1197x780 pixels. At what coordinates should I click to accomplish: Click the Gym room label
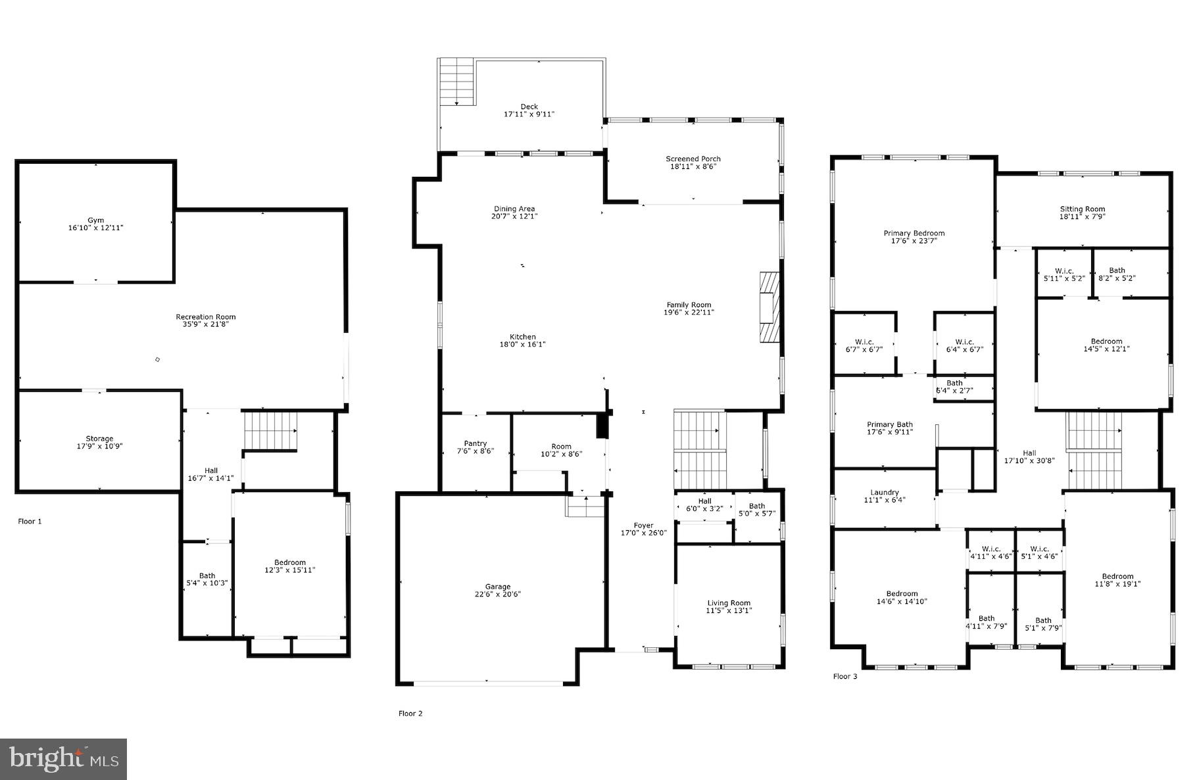coord(96,220)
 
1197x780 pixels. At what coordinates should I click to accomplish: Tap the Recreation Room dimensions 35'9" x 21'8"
coord(205,324)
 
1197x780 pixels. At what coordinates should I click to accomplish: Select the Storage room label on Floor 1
coord(99,439)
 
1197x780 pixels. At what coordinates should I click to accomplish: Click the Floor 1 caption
coord(30,522)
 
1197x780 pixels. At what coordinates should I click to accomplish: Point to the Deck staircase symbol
coord(456,82)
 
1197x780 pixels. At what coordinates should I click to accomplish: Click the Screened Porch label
coord(693,158)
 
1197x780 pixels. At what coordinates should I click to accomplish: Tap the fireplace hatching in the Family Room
coord(768,306)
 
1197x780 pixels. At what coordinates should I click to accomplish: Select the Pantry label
coord(475,443)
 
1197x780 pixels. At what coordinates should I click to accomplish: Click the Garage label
coord(498,587)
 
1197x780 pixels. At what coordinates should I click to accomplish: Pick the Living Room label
coord(729,603)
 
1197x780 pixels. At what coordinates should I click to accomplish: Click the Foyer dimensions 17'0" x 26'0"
coord(643,533)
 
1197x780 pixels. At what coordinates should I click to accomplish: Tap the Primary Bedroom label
coord(914,233)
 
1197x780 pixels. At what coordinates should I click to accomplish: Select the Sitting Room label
coord(1082,209)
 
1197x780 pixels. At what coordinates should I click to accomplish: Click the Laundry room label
coord(884,492)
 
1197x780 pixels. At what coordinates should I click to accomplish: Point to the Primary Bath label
coord(889,424)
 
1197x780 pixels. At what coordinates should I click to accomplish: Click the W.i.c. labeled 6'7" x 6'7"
coord(864,345)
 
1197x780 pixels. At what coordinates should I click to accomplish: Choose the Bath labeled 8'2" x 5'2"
coord(1116,274)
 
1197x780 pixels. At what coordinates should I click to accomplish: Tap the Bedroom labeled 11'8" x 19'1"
coord(1117,579)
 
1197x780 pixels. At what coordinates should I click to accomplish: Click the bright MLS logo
coord(64,759)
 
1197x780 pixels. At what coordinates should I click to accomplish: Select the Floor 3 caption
coord(845,677)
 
